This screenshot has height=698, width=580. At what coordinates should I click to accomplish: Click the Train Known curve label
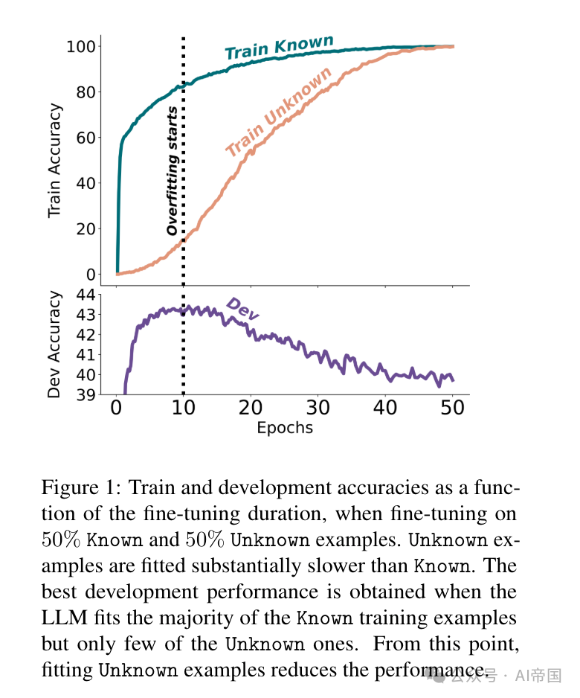coord(279,48)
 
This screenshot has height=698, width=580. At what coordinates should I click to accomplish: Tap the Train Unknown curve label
coord(279,112)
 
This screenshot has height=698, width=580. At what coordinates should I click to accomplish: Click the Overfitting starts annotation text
coord(172,172)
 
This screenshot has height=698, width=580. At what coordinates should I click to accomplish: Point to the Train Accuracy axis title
coord(54,161)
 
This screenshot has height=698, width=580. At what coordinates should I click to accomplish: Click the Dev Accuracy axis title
coord(54,345)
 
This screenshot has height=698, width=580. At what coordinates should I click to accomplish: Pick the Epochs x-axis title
coord(285,428)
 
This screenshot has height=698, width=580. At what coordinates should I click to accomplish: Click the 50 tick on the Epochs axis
coord(453,408)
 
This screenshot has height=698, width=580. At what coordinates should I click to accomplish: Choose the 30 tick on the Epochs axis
coord(318,408)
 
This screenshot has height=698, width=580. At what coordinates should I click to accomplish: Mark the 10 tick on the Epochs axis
coord(184,408)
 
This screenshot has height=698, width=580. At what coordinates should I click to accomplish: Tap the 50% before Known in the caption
coord(62,540)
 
